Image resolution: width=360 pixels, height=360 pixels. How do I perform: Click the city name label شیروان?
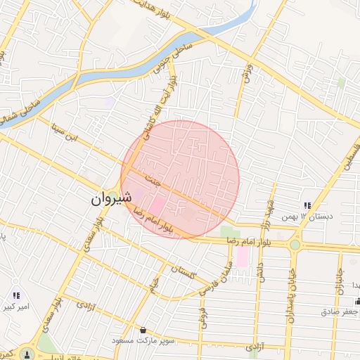click(x=110, y=199)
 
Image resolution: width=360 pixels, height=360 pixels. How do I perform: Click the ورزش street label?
click(x=247, y=75)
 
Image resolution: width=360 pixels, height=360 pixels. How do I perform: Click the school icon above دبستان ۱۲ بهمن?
click(x=307, y=205)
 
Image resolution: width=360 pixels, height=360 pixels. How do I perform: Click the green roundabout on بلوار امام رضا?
click(x=294, y=245)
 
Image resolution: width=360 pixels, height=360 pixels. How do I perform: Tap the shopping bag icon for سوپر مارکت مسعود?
click(x=143, y=329)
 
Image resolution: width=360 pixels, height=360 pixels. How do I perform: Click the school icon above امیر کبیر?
click(x=16, y=295)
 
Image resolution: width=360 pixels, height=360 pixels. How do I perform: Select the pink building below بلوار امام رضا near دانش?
click(x=242, y=257)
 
